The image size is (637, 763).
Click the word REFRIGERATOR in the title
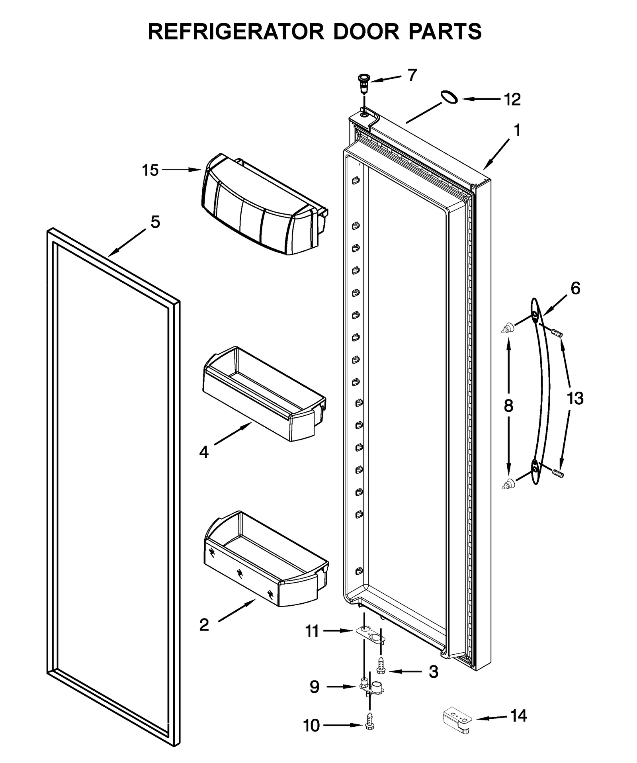pyautogui.click(x=237, y=31)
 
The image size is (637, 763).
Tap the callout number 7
pyautogui.click(x=412, y=75)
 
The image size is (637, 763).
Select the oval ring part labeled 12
pyautogui.click(x=449, y=97)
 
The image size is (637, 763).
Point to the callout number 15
pyautogui.click(x=150, y=170)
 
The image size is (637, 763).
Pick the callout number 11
pyautogui.click(x=312, y=631)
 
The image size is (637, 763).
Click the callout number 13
pyautogui.click(x=575, y=398)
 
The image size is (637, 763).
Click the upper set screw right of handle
pyautogui.click(x=557, y=332)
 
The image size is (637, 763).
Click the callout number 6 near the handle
pyautogui.click(x=575, y=288)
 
